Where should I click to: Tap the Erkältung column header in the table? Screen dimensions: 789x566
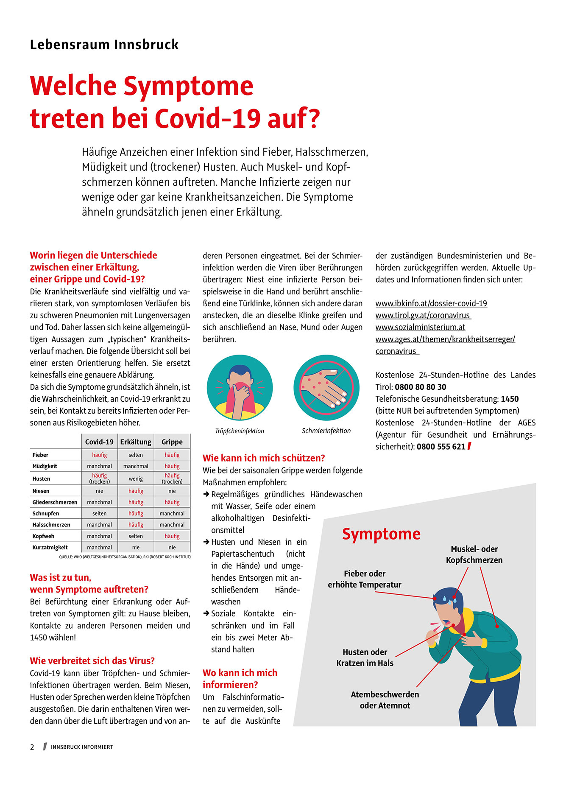[136, 442]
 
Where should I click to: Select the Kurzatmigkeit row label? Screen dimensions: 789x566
[50, 547]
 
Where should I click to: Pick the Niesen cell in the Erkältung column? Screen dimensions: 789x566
[136, 491]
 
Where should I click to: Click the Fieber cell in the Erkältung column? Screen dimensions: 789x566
[136, 455]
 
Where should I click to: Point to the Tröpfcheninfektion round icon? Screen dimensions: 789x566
[240, 388]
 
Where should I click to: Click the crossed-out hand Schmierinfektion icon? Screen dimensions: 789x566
[326, 388]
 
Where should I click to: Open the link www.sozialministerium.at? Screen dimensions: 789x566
[420, 327]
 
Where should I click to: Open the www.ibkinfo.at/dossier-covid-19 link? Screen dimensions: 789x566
[431, 303]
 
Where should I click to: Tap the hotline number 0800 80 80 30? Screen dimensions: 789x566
[420, 387]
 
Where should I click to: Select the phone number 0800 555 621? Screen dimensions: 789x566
[441, 446]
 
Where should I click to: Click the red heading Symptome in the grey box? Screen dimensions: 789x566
[381, 534]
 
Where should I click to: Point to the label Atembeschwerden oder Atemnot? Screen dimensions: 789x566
[385, 700]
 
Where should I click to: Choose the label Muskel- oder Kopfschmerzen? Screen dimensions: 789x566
[474, 554]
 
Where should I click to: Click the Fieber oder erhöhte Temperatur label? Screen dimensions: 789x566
[365, 579]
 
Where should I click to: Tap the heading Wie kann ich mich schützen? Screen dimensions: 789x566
[264, 458]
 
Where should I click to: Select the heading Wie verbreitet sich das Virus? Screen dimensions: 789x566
[92, 660]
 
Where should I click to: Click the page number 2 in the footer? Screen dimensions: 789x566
[32, 747]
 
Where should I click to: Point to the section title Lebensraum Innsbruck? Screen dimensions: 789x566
[104, 45]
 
